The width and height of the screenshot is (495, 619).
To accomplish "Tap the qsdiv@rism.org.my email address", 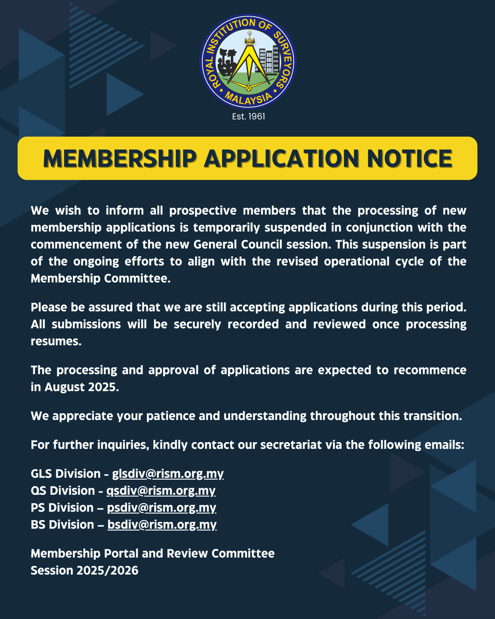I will pyautogui.click(x=161, y=490).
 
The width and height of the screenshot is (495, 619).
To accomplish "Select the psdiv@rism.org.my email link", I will pyautogui.click(x=161, y=507).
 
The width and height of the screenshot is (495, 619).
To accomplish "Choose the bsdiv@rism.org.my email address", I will pyautogui.click(x=162, y=524).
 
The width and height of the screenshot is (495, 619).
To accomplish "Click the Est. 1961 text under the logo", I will pyautogui.click(x=248, y=117).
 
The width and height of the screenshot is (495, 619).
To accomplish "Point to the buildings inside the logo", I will pyautogui.click(x=269, y=60).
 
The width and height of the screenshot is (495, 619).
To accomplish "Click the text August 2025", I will pyautogui.click(x=81, y=387).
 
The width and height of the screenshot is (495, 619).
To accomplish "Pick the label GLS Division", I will pyautogui.click(x=66, y=474).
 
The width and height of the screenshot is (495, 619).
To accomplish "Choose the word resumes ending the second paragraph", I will pyautogui.click(x=56, y=341).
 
